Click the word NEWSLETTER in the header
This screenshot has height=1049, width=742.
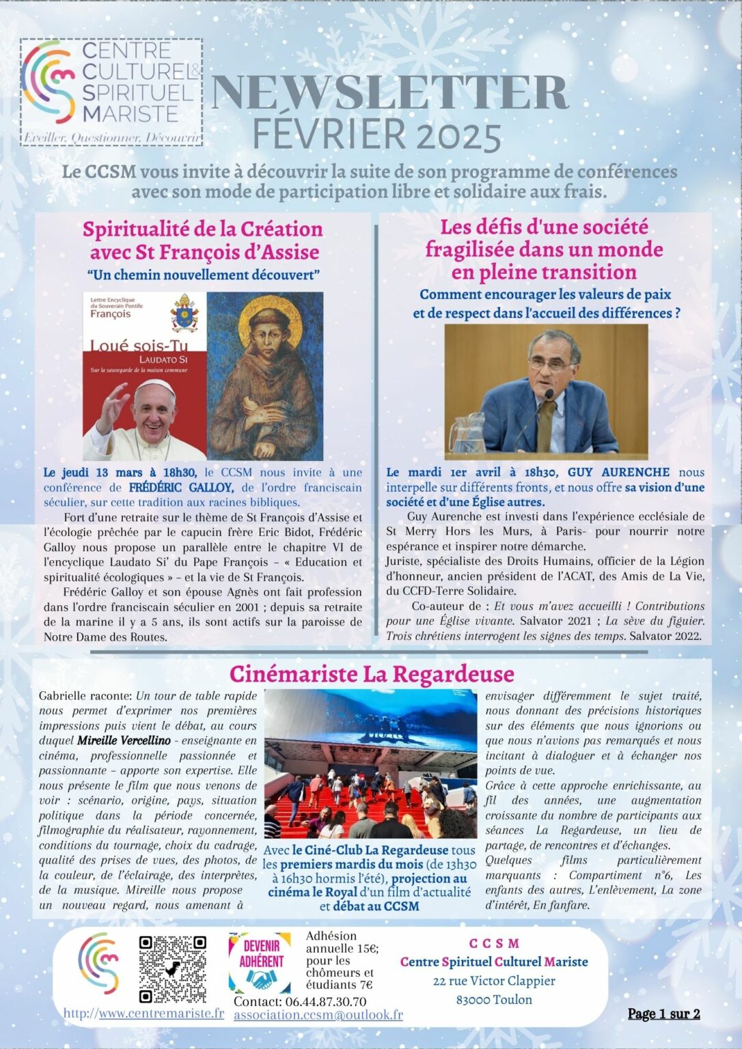click(389, 93)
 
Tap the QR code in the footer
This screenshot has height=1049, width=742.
click(172, 968)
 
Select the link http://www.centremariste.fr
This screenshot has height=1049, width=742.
click(143, 1013)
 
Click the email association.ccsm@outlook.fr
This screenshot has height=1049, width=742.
click(318, 1015)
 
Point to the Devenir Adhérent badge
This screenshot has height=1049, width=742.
click(260, 962)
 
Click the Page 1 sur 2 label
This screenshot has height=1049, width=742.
click(663, 1013)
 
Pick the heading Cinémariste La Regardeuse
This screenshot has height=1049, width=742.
click(371, 674)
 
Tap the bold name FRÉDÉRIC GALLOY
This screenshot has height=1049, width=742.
click(180, 488)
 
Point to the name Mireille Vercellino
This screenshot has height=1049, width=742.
click(124, 740)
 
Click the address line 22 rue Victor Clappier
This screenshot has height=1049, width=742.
click(493, 981)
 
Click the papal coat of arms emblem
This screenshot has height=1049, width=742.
click(184, 313)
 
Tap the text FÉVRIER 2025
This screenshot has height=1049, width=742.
click(377, 135)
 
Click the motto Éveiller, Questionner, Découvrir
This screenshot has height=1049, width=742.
click(112, 138)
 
